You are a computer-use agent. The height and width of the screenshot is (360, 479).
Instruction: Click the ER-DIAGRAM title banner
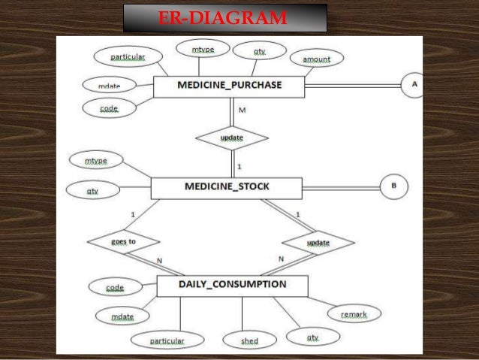click(224, 17)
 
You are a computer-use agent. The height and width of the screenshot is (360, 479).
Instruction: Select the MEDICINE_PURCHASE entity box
click(229, 86)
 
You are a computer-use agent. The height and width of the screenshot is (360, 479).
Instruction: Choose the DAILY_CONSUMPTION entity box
click(232, 285)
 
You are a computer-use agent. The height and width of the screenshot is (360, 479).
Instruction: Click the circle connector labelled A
click(414, 85)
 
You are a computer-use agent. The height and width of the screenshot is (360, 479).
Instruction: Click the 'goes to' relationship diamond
click(123, 242)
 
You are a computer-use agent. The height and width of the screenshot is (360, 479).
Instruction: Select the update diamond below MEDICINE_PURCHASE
click(231, 138)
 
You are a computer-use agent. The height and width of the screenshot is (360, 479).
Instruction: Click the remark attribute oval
click(354, 314)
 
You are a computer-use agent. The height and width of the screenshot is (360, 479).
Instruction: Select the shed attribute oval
click(249, 340)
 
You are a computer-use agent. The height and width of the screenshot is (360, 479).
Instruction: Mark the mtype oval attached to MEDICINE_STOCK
click(96, 160)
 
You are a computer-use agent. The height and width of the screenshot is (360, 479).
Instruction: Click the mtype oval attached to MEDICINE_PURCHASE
click(203, 50)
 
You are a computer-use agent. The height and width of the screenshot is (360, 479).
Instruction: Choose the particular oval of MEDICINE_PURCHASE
click(128, 56)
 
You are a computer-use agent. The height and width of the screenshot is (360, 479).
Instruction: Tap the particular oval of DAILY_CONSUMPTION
click(167, 340)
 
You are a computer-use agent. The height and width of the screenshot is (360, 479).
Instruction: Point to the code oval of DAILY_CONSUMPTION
click(115, 286)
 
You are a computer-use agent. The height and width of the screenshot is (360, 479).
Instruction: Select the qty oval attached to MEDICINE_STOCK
click(92, 191)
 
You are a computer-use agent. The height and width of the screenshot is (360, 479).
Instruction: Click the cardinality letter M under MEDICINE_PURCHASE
click(242, 110)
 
